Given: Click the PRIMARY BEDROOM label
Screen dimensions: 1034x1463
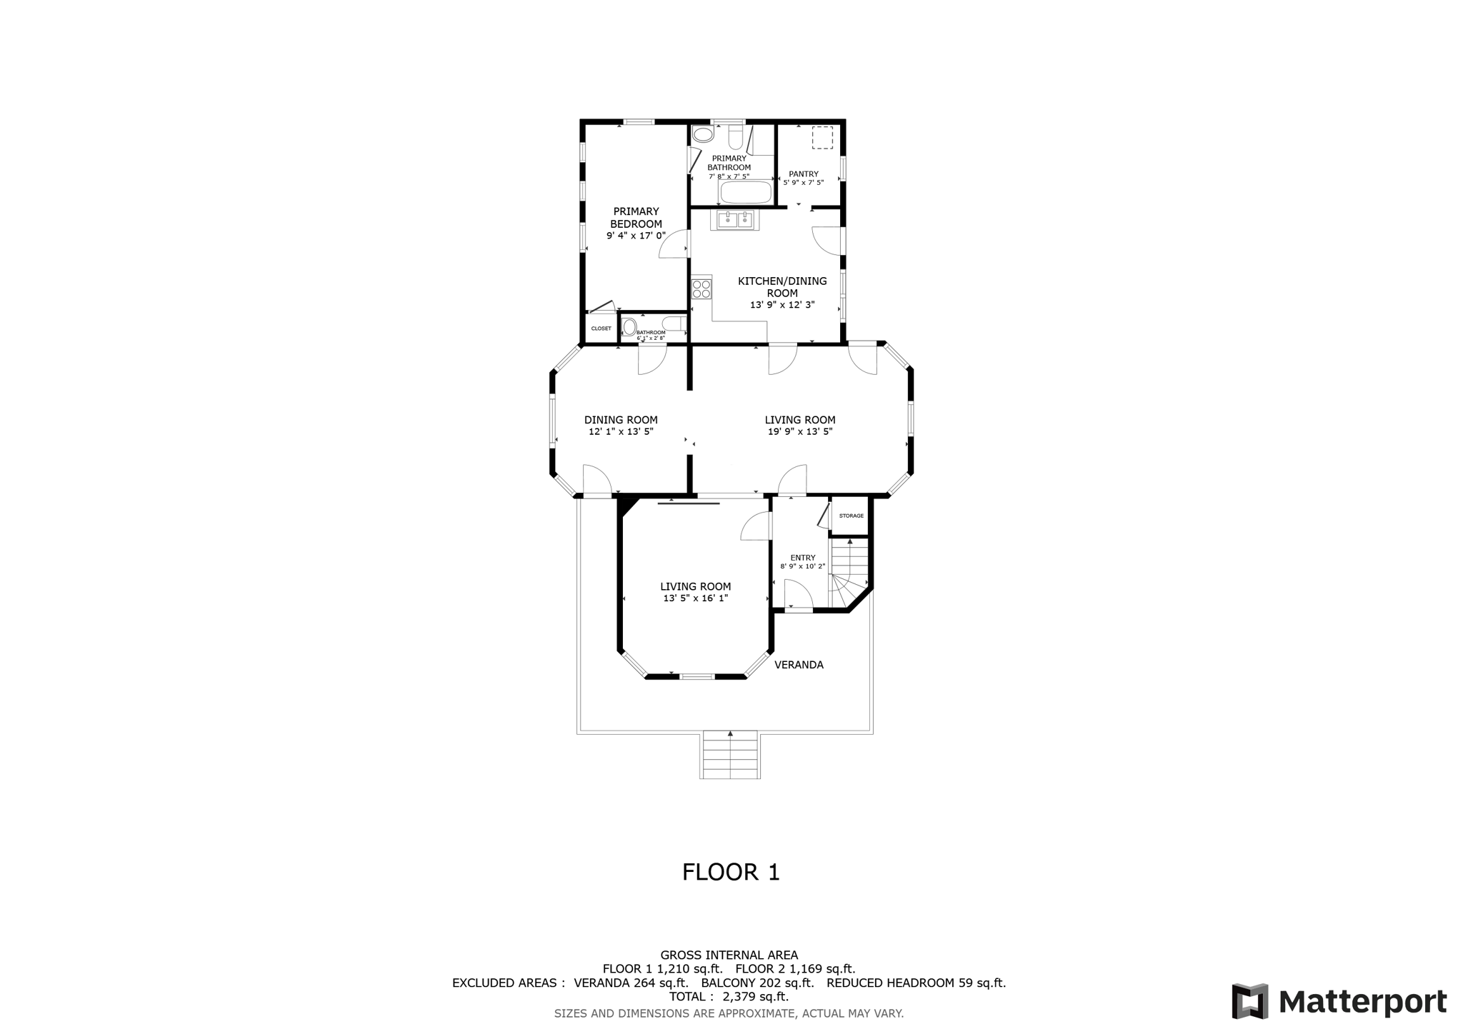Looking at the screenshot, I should point(636,217).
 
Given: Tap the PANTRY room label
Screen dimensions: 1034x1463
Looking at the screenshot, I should point(803,174).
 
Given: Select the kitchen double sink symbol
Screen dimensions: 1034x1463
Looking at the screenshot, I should point(735,220).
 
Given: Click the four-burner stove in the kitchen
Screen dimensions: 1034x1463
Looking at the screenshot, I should point(701,288).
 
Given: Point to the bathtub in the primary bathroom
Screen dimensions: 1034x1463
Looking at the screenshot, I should point(746,192).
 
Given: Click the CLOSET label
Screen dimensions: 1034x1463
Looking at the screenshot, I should point(601,328).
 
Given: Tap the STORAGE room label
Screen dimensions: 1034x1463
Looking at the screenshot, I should point(851,516).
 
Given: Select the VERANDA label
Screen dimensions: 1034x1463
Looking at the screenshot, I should point(799,665).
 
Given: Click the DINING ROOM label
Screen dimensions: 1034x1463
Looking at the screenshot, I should point(621,420).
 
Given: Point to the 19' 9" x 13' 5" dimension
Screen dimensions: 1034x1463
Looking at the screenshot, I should point(799,432).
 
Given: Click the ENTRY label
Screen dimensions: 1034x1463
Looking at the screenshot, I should point(802,558).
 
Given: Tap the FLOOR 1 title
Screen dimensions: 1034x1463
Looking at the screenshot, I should point(730,872).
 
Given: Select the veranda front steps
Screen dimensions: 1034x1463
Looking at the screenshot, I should point(730,756).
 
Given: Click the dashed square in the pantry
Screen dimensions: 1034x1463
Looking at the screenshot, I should point(822,138).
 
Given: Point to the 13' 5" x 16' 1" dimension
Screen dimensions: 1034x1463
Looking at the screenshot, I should point(695,598).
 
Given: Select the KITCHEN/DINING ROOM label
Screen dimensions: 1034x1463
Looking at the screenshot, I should point(782,287).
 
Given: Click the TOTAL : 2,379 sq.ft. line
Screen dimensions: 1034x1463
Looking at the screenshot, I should point(729,996).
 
